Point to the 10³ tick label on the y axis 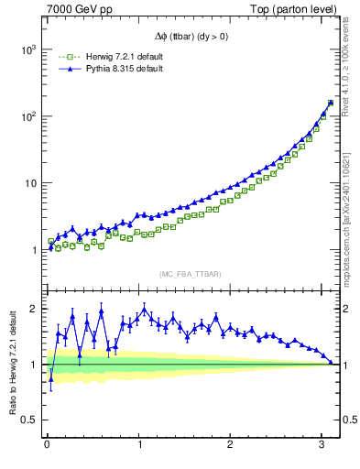27,49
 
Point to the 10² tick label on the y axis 27,116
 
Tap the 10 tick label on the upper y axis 29,183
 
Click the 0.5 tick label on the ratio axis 30,420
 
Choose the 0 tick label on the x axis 47,445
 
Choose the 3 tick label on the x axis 322,445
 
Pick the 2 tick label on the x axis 231,445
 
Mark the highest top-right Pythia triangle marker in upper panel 331,102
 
